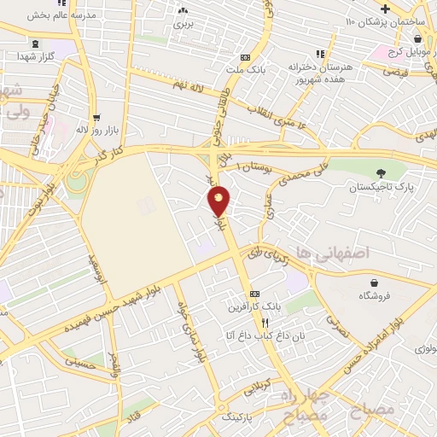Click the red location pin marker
(x=220, y=201)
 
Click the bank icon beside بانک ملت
(x=245, y=48)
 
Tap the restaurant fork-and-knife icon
(x=265, y=323)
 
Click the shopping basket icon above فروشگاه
(x=375, y=283)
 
